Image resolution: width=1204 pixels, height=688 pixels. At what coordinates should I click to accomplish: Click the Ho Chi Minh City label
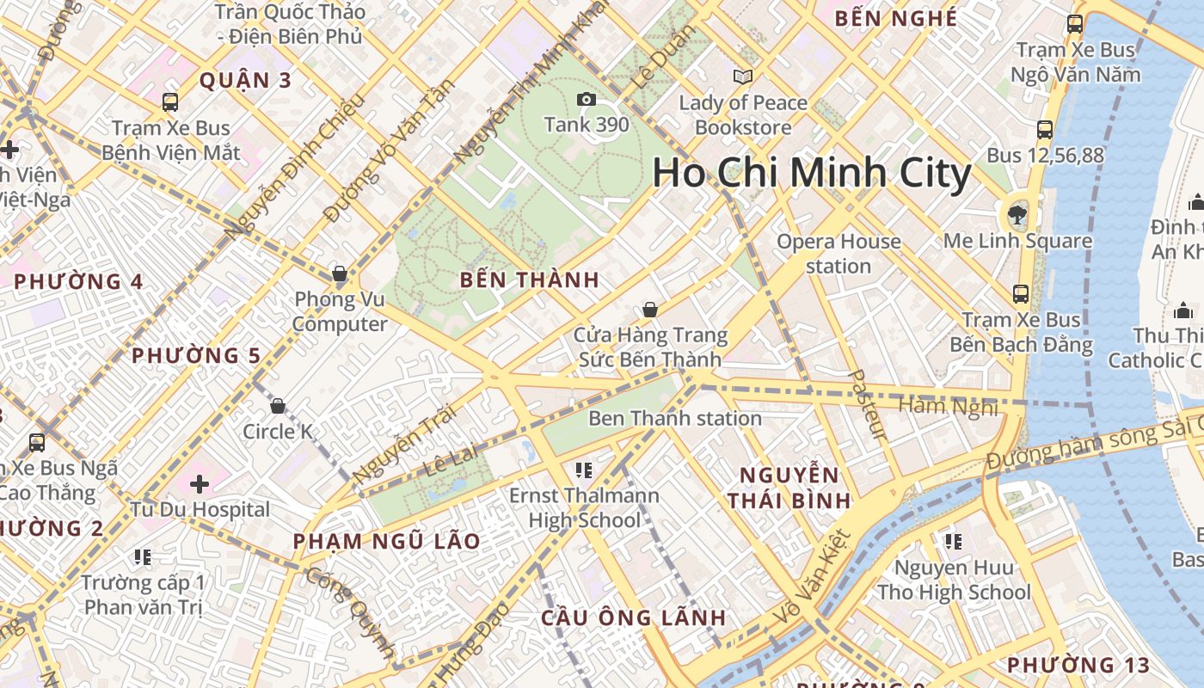[811, 174]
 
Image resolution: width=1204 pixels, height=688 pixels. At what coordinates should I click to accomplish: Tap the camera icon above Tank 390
[587, 100]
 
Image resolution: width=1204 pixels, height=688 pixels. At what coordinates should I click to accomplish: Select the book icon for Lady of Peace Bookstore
[743, 77]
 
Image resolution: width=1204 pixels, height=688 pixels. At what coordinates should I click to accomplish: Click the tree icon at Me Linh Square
[1017, 213]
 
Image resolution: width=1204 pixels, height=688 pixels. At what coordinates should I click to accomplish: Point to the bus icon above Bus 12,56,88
[1045, 130]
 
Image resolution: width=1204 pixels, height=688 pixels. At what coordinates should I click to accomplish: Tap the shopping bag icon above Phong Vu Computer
[340, 274]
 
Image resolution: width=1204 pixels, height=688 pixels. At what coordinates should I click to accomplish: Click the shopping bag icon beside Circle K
[278, 406]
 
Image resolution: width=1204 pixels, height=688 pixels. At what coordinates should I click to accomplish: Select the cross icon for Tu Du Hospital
[200, 484]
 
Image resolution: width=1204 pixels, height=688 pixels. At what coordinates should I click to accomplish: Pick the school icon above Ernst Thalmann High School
[584, 470]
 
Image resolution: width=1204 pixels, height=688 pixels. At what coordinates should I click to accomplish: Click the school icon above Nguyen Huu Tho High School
[953, 542]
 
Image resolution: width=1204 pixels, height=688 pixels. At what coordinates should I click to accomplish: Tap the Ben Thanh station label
[675, 419]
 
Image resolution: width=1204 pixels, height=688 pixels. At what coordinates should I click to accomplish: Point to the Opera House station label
[838, 254]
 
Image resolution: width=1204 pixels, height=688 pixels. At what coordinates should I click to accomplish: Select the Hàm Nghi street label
[949, 406]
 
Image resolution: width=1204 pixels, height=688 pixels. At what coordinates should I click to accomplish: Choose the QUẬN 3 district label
[246, 81]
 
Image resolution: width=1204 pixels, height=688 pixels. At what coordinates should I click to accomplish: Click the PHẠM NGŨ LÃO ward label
[386, 542]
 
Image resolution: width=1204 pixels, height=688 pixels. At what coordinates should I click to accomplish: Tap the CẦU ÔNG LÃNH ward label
[634, 618]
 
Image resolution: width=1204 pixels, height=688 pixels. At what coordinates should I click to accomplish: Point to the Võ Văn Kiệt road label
[812, 577]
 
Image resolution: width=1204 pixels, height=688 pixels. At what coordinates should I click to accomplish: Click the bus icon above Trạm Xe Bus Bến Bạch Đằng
[1021, 294]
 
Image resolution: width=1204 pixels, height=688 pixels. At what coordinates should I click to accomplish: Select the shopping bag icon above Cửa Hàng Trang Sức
[650, 310]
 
